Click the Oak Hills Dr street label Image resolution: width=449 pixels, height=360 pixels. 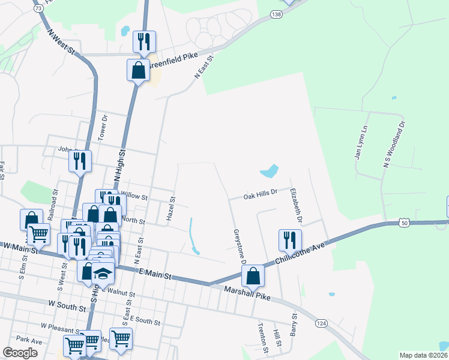260,194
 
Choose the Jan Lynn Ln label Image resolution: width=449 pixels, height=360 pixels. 360,143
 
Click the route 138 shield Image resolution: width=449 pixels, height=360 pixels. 276,14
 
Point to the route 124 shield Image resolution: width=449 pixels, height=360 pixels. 322,323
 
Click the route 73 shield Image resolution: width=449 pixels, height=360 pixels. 38,9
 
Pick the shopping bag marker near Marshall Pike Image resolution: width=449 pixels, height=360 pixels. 253,276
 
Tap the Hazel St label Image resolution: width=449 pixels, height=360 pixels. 172,208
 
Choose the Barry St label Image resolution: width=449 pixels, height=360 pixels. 294,324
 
